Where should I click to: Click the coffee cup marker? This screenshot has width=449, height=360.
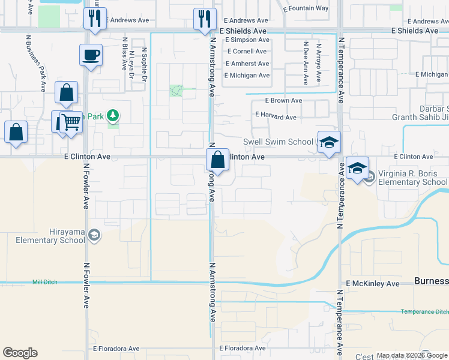(x=90, y=55)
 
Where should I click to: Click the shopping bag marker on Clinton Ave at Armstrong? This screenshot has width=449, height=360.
(x=217, y=160)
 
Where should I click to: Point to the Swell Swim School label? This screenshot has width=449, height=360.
(x=277, y=142)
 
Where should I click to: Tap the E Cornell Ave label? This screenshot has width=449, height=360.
(x=246, y=52)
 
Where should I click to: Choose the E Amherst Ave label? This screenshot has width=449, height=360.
(x=247, y=64)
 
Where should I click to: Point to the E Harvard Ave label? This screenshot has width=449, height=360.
(x=276, y=116)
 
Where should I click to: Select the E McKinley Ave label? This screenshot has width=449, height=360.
(x=373, y=283)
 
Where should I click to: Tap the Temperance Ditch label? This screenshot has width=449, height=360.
(x=424, y=311)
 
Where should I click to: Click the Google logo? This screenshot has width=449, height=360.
(x=20, y=353)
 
